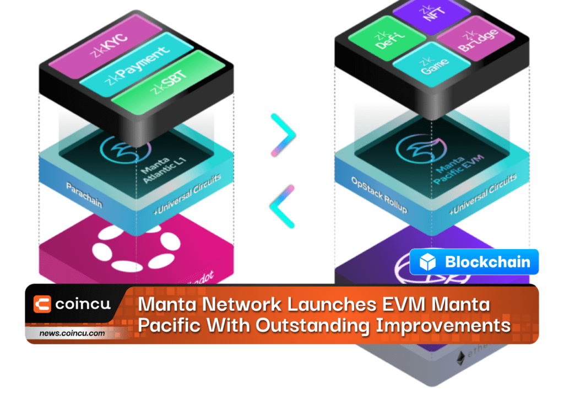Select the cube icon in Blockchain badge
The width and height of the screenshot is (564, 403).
(427, 262)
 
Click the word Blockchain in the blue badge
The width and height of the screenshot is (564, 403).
(487, 262)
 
